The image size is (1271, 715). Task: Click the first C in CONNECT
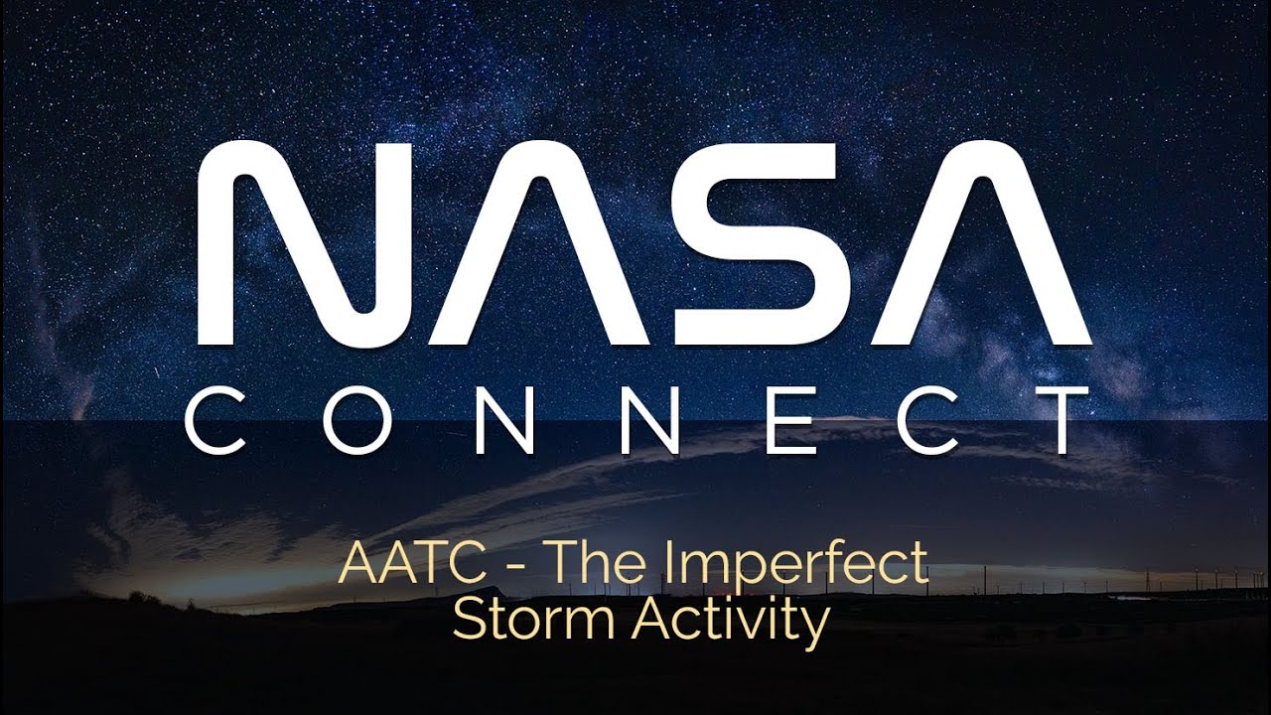[x=216, y=421]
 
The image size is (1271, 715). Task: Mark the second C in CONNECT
[x=918, y=421]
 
